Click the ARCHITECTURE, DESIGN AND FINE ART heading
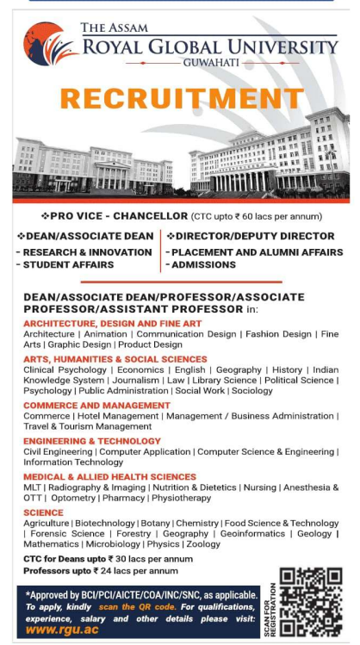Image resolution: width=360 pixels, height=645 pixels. [113, 323]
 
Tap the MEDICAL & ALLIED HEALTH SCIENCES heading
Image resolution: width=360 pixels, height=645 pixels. [109, 476]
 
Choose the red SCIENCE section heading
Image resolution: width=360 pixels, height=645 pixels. [43, 512]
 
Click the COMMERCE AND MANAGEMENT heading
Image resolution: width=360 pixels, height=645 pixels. [96, 405]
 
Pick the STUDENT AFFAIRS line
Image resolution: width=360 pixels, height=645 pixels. [65, 264]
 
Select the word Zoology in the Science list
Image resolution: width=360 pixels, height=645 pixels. [203, 544]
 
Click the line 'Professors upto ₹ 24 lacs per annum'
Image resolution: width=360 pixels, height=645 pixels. [101, 570]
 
